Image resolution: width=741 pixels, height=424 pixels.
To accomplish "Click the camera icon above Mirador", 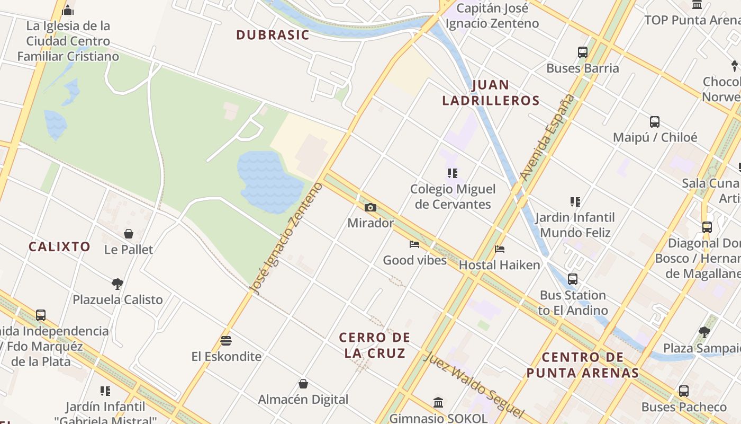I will [x=370, y=207].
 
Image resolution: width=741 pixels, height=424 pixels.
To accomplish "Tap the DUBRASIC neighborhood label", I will [x=273, y=35].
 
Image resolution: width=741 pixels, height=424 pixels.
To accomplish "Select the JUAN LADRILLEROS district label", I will [x=491, y=93].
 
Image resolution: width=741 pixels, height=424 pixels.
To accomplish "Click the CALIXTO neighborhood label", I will [x=59, y=246].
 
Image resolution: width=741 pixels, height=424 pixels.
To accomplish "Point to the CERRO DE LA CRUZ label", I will [x=375, y=345].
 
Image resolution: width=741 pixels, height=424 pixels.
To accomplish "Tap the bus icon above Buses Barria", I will [x=583, y=52].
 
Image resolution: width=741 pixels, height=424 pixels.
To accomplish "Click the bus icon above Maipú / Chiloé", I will [x=655, y=121].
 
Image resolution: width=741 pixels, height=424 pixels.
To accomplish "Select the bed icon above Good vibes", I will [x=414, y=244].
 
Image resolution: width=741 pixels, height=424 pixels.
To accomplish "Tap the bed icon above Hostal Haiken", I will [x=500, y=249].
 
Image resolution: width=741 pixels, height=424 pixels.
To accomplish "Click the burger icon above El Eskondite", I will [x=226, y=340].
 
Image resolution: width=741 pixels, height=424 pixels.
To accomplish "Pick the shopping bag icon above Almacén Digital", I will [x=303, y=384].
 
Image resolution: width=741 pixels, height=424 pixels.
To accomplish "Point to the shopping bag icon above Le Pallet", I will [x=129, y=234].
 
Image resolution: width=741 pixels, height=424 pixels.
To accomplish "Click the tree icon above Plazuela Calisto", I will [x=118, y=284].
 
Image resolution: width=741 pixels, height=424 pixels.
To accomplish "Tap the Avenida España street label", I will [x=547, y=137].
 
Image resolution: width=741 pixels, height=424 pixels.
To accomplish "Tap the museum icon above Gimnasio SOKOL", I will [x=438, y=402].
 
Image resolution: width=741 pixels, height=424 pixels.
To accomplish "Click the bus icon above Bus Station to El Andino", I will [x=573, y=279].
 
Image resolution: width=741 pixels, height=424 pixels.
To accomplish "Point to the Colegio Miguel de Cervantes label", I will [x=453, y=197].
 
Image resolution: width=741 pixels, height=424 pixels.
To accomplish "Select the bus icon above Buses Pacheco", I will [x=684, y=391].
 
